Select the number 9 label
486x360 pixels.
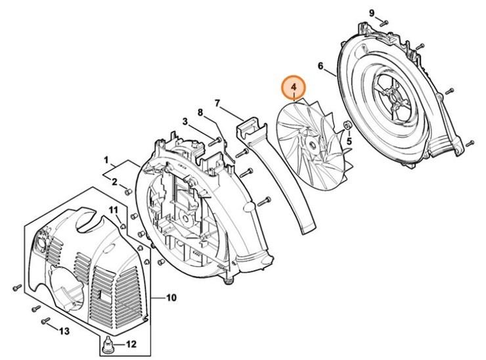[x=371, y=13]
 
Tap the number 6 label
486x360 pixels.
[x=320, y=66]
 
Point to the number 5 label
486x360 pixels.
[x=349, y=140]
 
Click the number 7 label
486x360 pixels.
[x=217, y=103]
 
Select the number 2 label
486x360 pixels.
[x=114, y=182]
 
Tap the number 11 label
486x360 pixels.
[x=114, y=210]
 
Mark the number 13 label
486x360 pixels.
[x=64, y=330]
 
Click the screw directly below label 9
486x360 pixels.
[x=385, y=24]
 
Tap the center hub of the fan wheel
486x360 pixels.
[x=314, y=143]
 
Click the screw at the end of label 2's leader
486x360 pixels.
[x=129, y=192]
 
